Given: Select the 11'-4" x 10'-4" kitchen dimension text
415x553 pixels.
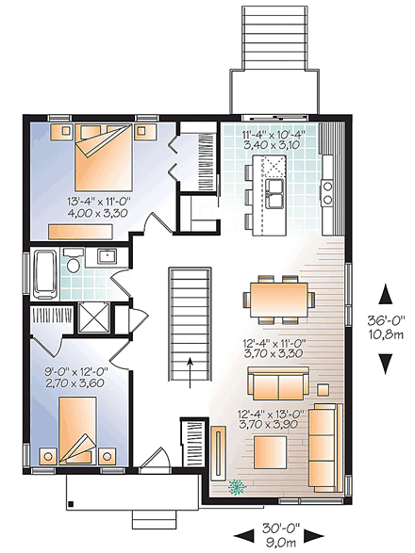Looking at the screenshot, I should pyautogui.click(x=274, y=140).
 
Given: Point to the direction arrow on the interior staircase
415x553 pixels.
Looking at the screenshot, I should pyautogui.click(x=190, y=365).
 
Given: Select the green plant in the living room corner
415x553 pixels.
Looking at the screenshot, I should pyautogui.click(x=236, y=487).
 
